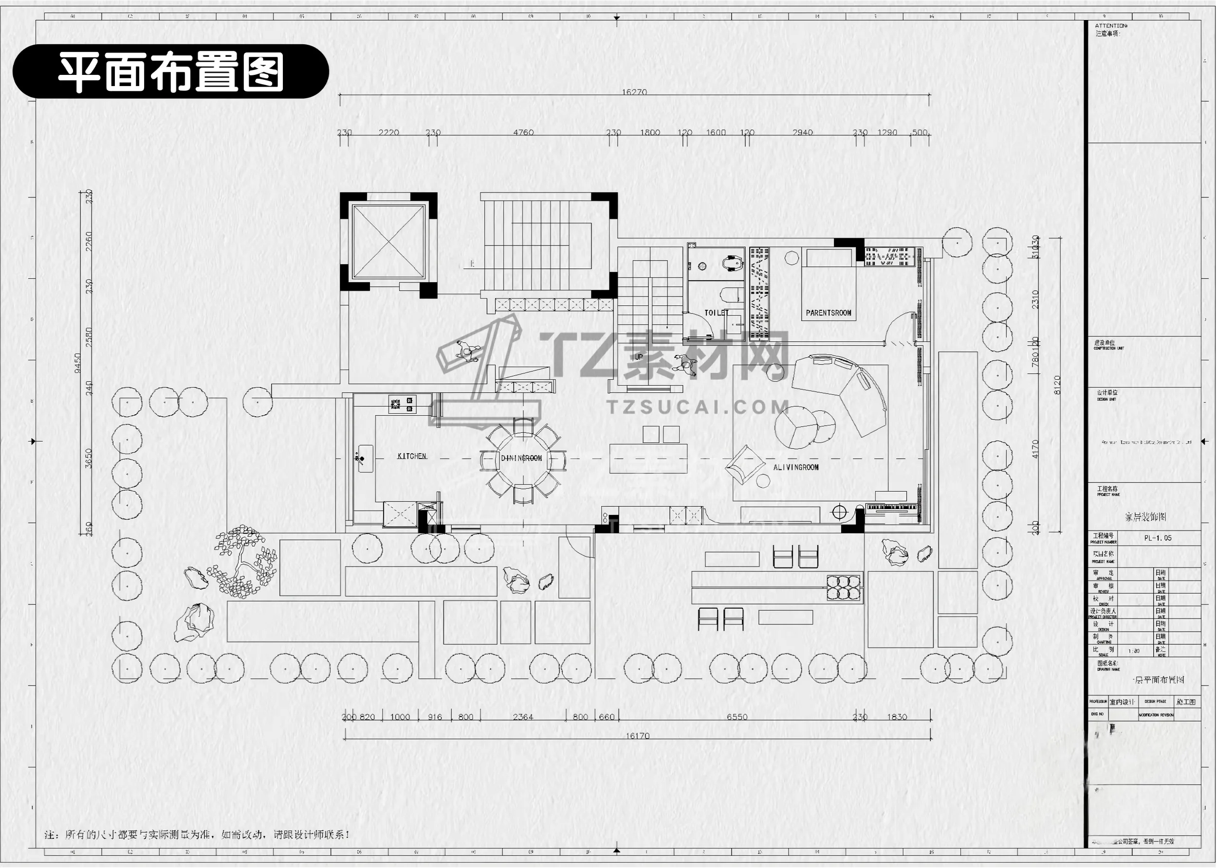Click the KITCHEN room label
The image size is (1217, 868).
[411, 456]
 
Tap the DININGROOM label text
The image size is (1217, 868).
[521, 458]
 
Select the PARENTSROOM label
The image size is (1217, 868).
[828, 313]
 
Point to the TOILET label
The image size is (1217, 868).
[716, 313]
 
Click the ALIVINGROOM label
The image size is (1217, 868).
[795, 467]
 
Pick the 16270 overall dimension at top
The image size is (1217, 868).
[634, 92]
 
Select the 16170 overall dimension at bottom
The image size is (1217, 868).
[637, 736]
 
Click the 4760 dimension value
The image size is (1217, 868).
[523, 132]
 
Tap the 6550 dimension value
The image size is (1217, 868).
[737, 717]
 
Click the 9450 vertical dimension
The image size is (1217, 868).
[78, 363]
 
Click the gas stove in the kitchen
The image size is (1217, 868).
[402, 404]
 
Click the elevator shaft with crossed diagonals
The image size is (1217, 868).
[388, 241]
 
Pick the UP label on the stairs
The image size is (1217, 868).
[639, 356]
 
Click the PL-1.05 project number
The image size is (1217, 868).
[1157, 538]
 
